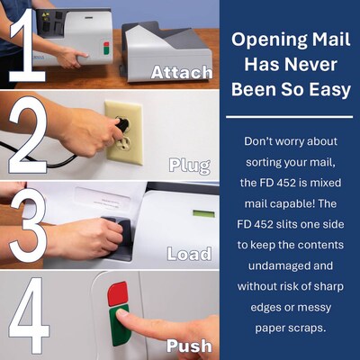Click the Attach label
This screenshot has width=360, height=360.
182,73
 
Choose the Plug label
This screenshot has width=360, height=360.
190,165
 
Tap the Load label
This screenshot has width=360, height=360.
189,255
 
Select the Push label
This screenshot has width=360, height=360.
189,345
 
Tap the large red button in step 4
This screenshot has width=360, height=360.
118,293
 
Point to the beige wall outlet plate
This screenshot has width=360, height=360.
125,131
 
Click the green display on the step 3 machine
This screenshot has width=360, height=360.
204,213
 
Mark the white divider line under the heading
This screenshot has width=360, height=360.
288,116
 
